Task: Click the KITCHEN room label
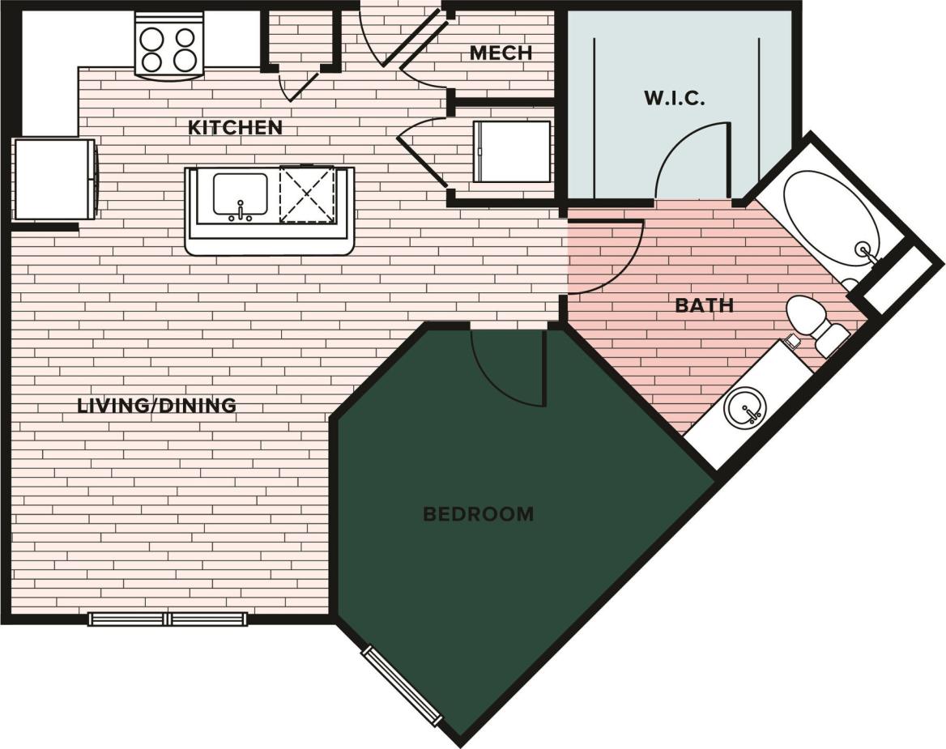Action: coord(235,128)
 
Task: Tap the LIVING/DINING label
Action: coord(156,406)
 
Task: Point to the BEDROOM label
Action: coord(479,513)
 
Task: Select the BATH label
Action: coord(704,306)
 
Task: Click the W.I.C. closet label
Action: coord(675,99)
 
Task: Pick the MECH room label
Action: coord(501,53)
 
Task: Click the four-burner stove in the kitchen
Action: coord(168,49)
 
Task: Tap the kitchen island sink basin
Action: coord(240,195)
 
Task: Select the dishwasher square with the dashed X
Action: coord(306,194)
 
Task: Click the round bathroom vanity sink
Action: coord(744,407)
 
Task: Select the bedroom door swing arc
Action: coord(508,368)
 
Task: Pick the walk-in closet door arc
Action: coord(692,161)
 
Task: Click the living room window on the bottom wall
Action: coord(168,619)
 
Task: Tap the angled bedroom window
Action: coord(403,686)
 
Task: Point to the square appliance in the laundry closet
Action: coord(511,151)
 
